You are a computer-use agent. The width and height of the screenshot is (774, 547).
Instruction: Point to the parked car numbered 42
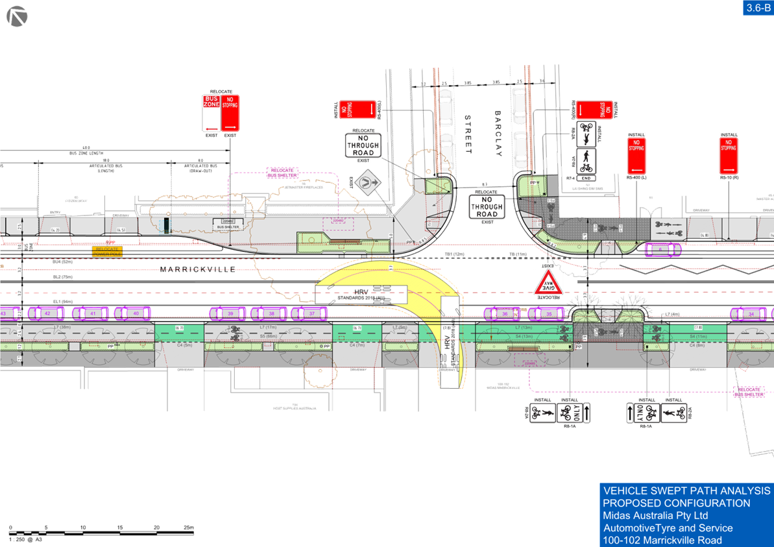[48, 313]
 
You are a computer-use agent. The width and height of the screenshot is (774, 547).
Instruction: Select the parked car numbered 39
[230, 313]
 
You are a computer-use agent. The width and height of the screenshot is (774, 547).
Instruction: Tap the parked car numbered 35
[550, 314]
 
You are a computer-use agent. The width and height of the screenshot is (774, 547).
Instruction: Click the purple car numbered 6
[660, 248]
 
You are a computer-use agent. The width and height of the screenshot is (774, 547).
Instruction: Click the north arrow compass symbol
[17, 16]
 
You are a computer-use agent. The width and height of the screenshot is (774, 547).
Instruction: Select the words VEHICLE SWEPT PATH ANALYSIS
[686, 491]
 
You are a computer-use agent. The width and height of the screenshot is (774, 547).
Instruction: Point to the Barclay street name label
[499, 133]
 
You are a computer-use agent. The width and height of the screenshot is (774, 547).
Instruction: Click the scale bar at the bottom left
[101, 533]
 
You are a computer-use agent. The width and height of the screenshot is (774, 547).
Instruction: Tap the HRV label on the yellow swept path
[361, 293]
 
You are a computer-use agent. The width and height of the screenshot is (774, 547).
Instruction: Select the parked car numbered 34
[751, 314]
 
